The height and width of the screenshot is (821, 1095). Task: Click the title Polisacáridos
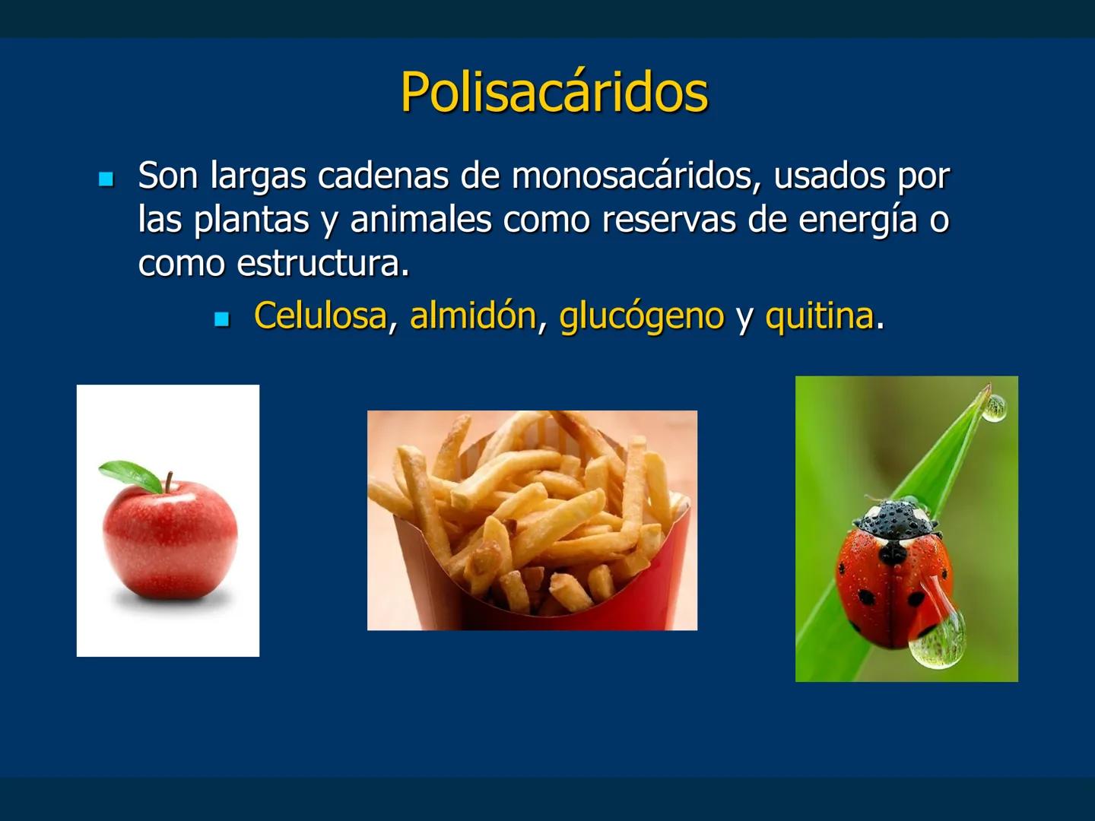(554, 93)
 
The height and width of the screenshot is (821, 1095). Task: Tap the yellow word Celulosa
(320, 315)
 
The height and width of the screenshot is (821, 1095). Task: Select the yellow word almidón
(473, 315)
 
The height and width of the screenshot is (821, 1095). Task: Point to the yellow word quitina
(819, 315)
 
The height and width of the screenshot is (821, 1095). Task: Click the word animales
(421, 220)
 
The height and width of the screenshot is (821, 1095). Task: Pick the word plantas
(251, 220)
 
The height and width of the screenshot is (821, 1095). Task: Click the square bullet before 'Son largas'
(106, 179)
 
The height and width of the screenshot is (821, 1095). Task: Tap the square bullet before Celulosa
(221, 319)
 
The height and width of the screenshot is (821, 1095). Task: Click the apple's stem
(168, 481)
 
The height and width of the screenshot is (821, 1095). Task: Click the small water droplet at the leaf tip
(993, 409)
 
